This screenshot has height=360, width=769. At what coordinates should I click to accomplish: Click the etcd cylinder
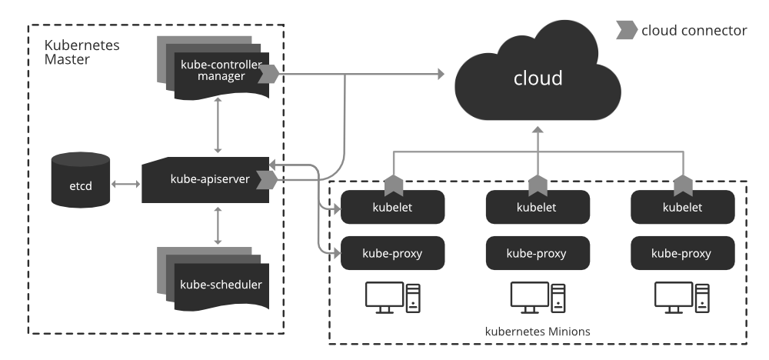(79, 184)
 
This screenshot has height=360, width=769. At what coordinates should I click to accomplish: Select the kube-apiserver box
(205, 179)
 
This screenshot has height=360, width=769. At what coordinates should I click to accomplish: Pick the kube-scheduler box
(221, 284)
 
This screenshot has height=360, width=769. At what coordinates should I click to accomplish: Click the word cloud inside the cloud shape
(538, 78)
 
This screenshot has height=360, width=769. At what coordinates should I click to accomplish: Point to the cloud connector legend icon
(626, 31)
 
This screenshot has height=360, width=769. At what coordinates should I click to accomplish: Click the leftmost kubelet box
(393, 207)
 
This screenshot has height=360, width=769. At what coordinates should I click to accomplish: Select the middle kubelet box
(538, 207)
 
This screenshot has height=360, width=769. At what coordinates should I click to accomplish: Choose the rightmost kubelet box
(681, 207)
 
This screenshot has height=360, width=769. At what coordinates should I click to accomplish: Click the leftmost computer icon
(391, 297)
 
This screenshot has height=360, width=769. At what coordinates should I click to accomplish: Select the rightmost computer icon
(680, 297)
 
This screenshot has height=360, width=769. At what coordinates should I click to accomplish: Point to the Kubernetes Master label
(76, 52)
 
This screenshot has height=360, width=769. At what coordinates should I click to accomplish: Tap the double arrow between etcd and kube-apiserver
(125, 184)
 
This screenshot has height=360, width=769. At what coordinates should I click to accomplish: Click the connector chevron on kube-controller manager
(268, 75)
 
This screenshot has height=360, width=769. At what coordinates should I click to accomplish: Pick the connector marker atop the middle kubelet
(538, 184)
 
